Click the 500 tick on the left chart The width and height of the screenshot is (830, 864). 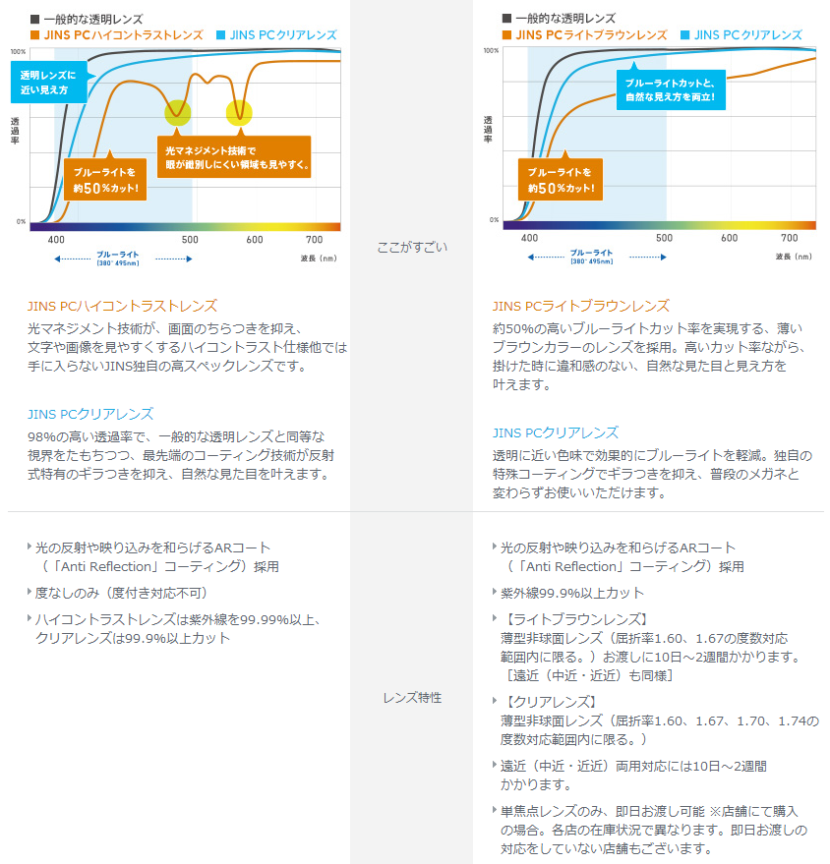coord(190,240)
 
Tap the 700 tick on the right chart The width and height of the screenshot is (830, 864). coord(789,238)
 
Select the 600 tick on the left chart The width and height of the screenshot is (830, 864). coord(255,240)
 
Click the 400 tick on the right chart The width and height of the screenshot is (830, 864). coord(529,238)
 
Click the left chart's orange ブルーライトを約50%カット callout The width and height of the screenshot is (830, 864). coord(105,178)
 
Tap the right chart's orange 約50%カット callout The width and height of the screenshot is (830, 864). coord(560,179)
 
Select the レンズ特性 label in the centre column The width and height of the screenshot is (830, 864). coord(412,698)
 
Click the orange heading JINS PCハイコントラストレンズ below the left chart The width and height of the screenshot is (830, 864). coord(122,307)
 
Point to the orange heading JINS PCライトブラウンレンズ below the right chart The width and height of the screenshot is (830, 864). coord(580,307)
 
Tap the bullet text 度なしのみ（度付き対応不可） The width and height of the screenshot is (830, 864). coord(121,594)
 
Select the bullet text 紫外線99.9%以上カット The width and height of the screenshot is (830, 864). coord(572,593)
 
